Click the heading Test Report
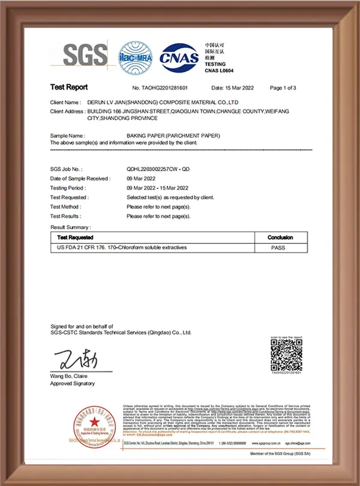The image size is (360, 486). click(68, 88)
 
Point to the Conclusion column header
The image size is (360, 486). click(280, 238)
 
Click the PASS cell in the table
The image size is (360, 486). click(278, 247)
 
